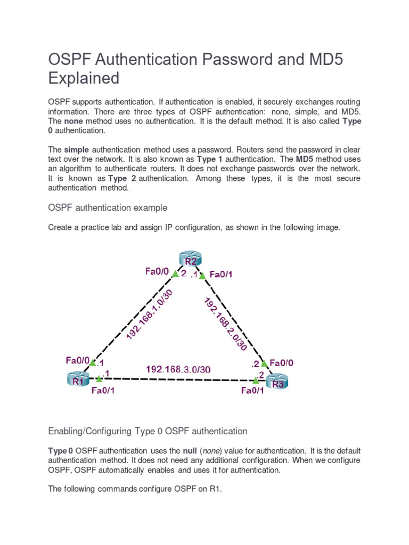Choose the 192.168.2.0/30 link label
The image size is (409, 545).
pos(225,323)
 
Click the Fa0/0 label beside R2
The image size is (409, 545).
pos(157,272)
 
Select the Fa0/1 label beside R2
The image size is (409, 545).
pos(221,275)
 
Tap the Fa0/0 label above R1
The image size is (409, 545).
pos(78,360)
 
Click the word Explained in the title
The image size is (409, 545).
pos(84,78)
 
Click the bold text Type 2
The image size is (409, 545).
pos(121,178)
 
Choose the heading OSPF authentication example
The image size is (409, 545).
pos(108,207)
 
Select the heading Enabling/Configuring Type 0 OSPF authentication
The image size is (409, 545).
pos(148,431)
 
